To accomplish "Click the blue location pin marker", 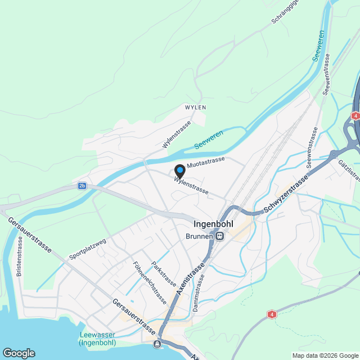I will click(x=178, y=170).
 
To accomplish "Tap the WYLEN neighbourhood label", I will click(x=196, y=107).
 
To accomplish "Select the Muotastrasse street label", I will click(x=205, y=161).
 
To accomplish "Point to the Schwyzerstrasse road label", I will click(x=286, y=195).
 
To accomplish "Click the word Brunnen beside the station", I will click(x=200, y=236).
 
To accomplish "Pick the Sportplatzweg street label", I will click(x=87, y=249).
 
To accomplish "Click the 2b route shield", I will click(x=83, y=186).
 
